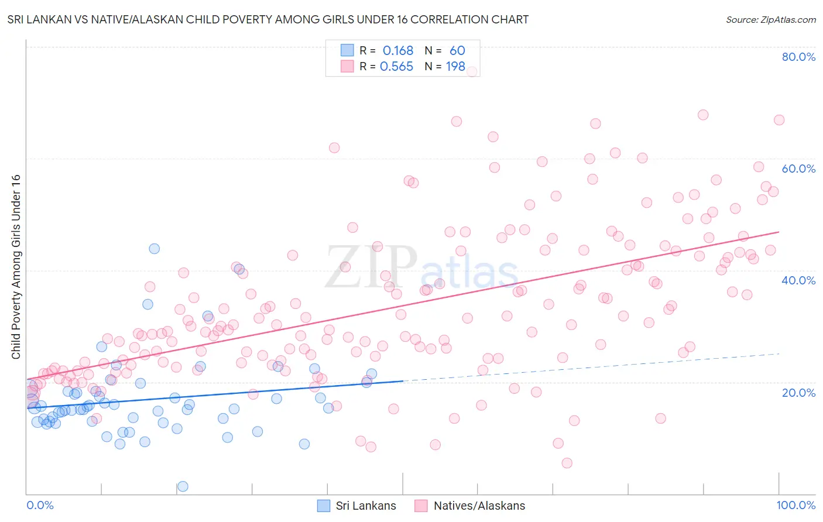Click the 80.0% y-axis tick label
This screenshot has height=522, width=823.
pos(798,57)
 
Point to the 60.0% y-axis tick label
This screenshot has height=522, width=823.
pos(798,169)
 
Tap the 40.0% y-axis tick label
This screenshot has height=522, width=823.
pos(798,280)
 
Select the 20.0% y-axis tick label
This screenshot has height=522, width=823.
pos(798,392)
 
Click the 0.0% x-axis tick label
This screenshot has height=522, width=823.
pos(40,505)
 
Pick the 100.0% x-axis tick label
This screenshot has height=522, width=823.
pos(796,505)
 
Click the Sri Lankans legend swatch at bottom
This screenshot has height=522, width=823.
pos(324,506)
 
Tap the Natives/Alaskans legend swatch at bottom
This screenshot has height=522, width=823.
pos(421,506)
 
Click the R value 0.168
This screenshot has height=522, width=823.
pos(398,51)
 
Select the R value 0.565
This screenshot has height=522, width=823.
pos(397,67)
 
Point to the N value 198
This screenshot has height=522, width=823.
pos(455,67)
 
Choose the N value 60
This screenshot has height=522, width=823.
pos(457,51)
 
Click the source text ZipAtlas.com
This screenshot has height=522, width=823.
pos(770,20)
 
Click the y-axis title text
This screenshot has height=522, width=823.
pos(16,267)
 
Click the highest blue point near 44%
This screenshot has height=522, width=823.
pos(154,249)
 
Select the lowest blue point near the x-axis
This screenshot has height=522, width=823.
pos(183,486)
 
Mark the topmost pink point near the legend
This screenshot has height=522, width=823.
pos(472,71)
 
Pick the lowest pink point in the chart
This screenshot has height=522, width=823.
pos(567,463)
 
